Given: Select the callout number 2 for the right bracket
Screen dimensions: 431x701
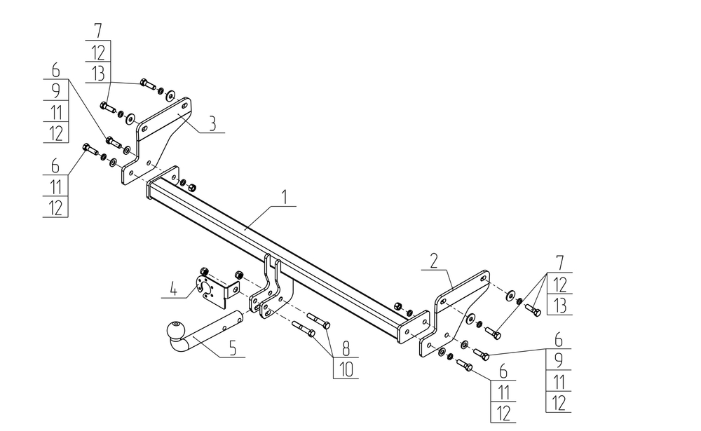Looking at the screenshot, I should pyautogui.click(x=434, y=261).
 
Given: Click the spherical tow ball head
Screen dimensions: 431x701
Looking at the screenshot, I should pyautogui.click(x=172, y=330).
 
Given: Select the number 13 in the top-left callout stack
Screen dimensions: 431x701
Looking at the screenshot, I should pyautogui.click(x=98, y=73).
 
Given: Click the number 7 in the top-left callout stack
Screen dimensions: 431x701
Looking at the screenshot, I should pyautogui.click(x=97, y=31).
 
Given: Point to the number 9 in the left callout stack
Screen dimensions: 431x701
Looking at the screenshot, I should pyautogui.click(x=55, y=90).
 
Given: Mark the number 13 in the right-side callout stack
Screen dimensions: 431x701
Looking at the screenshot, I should pyautogui.click(x=558, y=305).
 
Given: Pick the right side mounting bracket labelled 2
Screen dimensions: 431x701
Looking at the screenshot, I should pyautogui.click(x=456, y=308).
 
